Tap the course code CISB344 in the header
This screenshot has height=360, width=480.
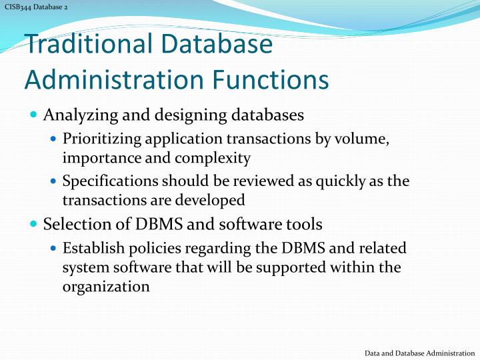[x=18, y=7]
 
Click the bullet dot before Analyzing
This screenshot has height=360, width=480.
[x=34, y=115]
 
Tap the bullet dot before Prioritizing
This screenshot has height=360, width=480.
[x=54, y=140]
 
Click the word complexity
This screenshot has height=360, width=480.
[x=217, y=158]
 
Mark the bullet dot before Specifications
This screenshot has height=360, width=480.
[x=54, y=181]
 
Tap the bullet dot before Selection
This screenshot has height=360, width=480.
[x=34, y=224]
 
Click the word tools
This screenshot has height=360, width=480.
[x=303, y=224]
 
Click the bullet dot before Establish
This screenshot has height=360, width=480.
[x=54, y=249]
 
